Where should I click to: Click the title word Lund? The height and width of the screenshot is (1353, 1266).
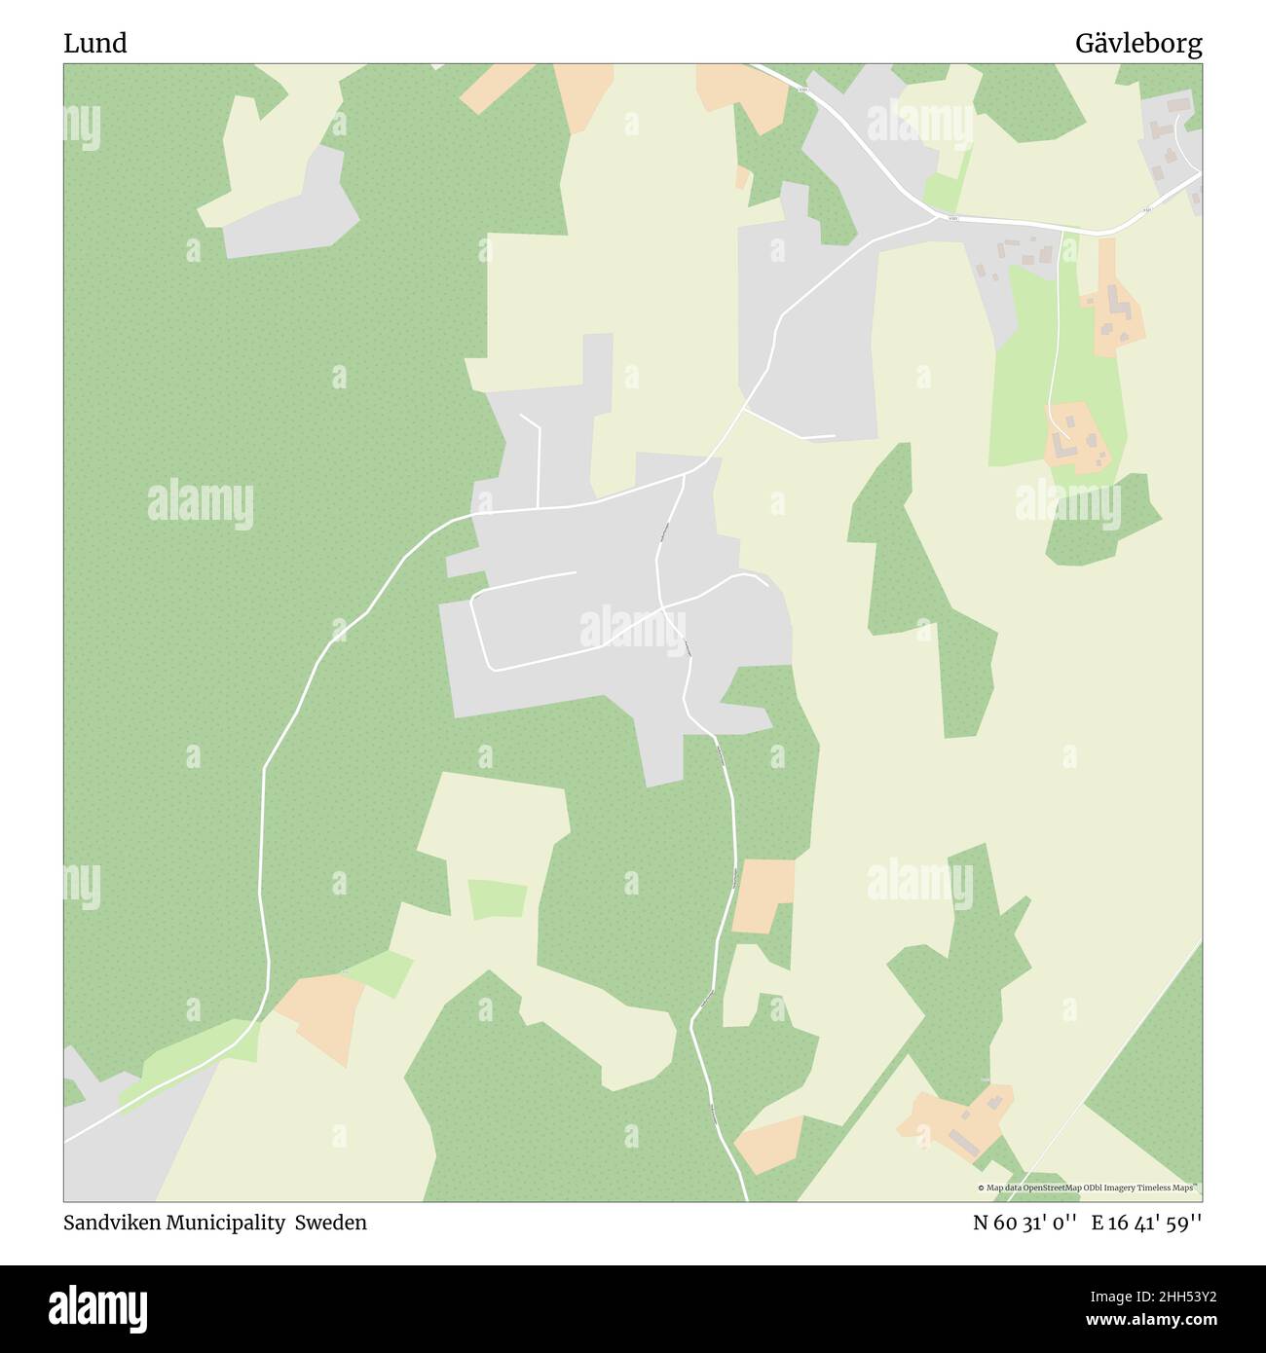pyautogui.click(x=94, y=44)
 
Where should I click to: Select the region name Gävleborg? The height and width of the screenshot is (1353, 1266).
pyautogui.click(x=1137, y=44)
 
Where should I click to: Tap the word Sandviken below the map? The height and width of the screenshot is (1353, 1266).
pyautogui.click(x=111, y=1223)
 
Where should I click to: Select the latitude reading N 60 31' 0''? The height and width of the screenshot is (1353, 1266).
pyautogui.click(x=1024, y=1223)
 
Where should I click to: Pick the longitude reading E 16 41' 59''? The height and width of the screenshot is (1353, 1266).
pyautogui.click(x=1146, y=1223)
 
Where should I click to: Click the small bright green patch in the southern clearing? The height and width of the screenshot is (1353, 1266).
pyautogui.click(x=497, y=899)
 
